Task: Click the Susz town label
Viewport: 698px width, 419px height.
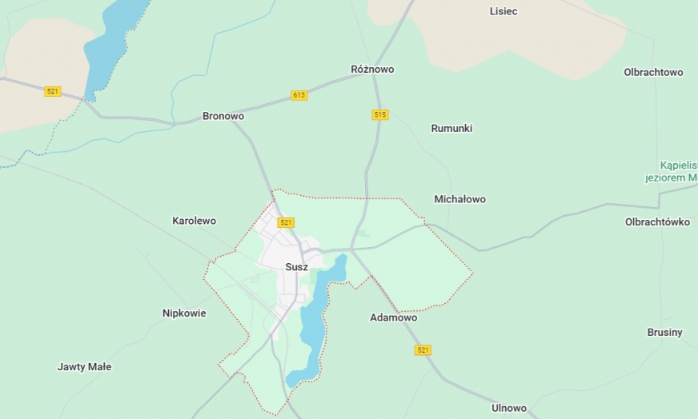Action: tap(296, 267)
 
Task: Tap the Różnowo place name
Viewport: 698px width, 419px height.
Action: tap(372, 70)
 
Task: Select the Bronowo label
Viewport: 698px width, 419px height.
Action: tap(223, 116)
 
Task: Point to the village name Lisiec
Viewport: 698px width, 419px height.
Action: tap(503, 11)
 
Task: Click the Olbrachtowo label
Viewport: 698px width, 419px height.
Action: tap(653, 72)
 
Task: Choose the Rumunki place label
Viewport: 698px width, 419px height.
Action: tap(451, 128)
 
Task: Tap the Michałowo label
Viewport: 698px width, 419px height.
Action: tap(459, 199)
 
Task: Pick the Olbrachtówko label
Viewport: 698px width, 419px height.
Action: tap(657, 222)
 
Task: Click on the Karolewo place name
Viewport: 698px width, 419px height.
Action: tap(194, 221)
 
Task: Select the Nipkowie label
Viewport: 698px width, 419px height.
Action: tap(184, 313)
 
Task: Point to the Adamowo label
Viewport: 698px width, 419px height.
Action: tap(393, 317)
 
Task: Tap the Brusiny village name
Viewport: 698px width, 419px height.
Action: tap(664, 332)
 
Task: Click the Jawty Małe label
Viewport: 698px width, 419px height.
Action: tap(84, 367)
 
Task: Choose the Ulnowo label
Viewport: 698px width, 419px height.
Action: tap(509, 408)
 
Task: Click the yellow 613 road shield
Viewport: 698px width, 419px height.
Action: tap(299, 95)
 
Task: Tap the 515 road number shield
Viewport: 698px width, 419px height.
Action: tap(380, 115)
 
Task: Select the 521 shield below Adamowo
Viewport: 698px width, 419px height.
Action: tap(423, 350)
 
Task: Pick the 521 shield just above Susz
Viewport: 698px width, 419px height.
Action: tap(286, 222)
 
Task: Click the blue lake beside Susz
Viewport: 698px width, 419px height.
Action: tap(312, 320)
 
